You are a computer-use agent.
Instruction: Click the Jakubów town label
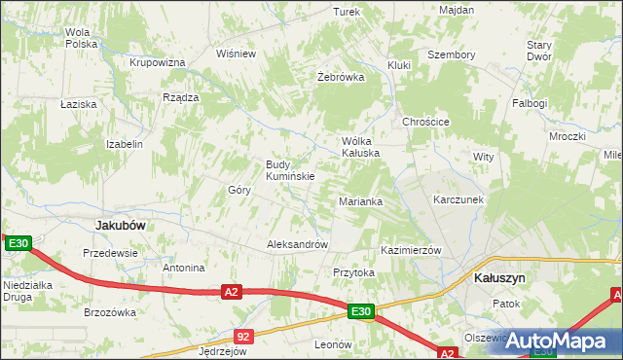click(121, 225)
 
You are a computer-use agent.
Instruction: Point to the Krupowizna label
click(158, 62)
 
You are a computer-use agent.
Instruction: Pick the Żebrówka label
click(341, 77)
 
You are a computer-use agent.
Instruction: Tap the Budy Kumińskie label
click(289, 170)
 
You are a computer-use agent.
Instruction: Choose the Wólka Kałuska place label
click(359, 147)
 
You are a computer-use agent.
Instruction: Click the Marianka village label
click(360, 201)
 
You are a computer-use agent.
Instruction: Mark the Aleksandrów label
click(298, 245)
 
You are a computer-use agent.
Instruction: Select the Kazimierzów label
click(412, 250)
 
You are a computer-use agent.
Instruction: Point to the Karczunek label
click(458, 199)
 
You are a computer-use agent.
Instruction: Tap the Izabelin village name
click(125, 144)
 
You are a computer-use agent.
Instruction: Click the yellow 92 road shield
click(243, 337)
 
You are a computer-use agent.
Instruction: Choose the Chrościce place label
click(425, 122)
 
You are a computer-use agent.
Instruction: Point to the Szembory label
click(452, 55)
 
